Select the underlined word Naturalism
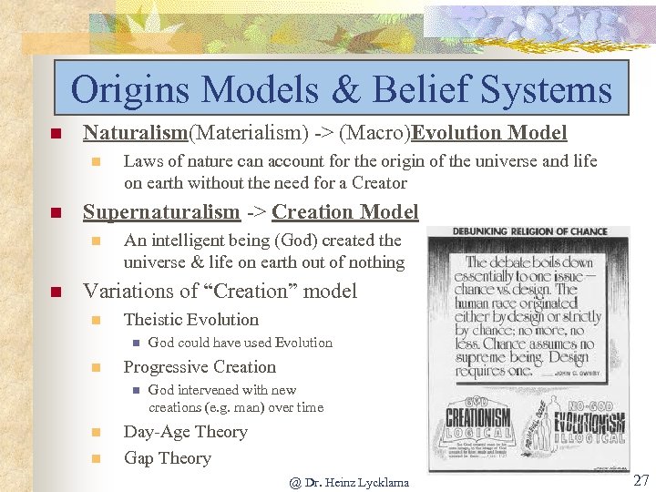click(x=135, y=133)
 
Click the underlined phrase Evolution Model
click(x=489, y=133)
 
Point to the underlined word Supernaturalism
click(x=161, y=212)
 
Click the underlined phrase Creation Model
click(x=344, y=212)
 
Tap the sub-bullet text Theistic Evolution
click(x=190, y=320)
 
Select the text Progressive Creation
click(x=199, y=367)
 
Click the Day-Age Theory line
click(x=185, y=432)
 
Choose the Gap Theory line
click(x=167, y=458)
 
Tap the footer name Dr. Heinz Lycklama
click(x=356, y=482)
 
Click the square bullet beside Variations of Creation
click(x=55, y=292)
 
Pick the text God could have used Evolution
click(x=240, y=343)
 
